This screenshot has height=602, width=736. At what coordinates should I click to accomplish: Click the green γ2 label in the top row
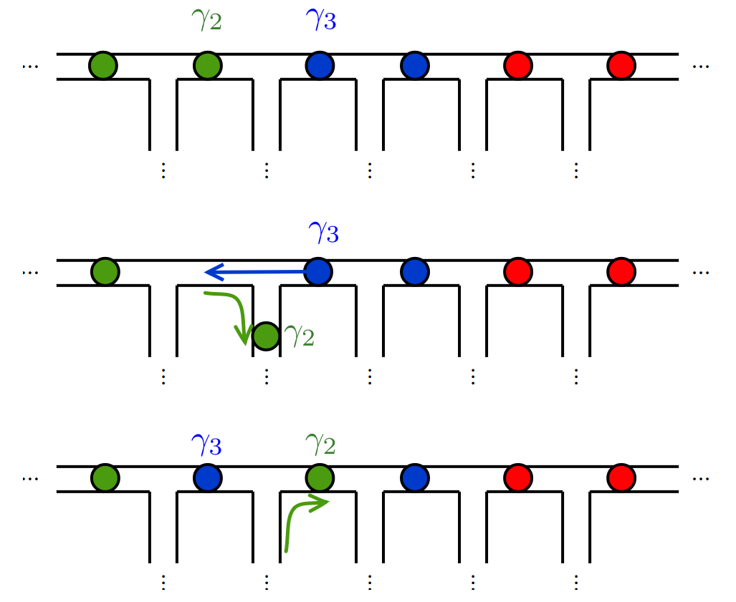coord(206,21)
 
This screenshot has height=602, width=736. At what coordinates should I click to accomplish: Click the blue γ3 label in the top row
coord(320,21)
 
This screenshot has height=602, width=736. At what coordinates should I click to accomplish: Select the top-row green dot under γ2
coord(207,66)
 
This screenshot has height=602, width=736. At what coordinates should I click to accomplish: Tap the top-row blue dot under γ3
coord(320,66)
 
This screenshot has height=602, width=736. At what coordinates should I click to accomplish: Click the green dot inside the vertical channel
coord(267,336)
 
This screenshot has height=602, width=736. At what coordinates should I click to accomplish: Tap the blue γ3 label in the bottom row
coord(206,445)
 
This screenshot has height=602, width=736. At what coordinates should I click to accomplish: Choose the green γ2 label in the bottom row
coord(320,445)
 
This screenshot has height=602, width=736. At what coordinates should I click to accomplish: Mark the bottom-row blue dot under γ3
coord(207,477)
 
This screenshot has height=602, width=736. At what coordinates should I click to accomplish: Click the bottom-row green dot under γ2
coord(320,477)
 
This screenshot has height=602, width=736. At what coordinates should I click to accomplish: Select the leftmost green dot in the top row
coord(103,66)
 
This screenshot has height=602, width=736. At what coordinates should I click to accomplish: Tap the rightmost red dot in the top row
coord(621,66)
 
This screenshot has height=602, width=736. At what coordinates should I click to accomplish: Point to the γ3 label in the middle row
coord(323,233)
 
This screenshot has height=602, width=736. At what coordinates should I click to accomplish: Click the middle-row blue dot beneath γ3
coord(319,272)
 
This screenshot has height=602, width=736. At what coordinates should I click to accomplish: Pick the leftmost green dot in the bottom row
coord(105,477)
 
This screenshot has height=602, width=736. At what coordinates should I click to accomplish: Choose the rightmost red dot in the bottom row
coord(621,477)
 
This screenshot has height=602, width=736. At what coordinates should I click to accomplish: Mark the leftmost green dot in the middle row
coord(105,272)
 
